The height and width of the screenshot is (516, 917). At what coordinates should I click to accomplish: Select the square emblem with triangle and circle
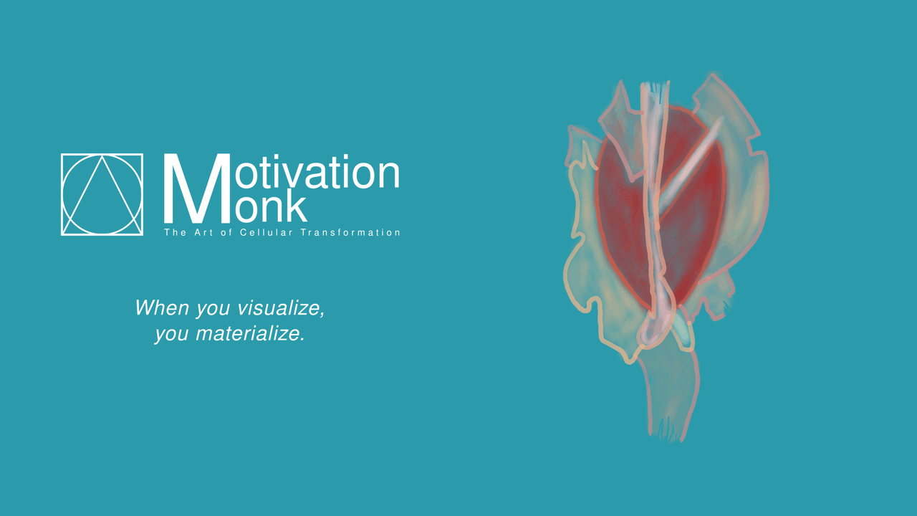click(x=102, y=194)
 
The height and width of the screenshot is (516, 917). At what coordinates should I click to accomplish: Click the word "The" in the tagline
click(x=176, y=232)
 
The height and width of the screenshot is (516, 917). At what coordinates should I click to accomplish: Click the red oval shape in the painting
click(x=623, y=215)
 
